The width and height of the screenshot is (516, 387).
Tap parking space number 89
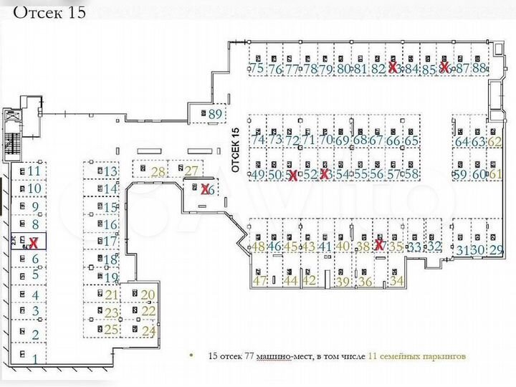[215, 113]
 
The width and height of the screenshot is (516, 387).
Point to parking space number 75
[257, 69]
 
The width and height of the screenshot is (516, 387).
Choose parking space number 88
[479, 69]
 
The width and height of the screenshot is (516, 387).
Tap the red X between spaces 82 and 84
[393, 68]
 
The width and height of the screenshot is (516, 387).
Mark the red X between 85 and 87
[444, 68]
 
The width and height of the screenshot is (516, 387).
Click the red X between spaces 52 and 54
[325, 174]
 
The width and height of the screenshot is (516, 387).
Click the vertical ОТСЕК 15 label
[234, 148]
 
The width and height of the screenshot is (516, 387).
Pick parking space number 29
[496, 249]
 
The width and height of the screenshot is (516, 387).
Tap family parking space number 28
[157, 171]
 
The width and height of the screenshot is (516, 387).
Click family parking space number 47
[259, 280]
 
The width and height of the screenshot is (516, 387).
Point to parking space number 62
[494, 142]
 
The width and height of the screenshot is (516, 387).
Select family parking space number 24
[148, 330]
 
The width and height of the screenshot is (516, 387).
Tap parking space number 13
[110, 172]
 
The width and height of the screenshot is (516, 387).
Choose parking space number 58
[411, 174]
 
